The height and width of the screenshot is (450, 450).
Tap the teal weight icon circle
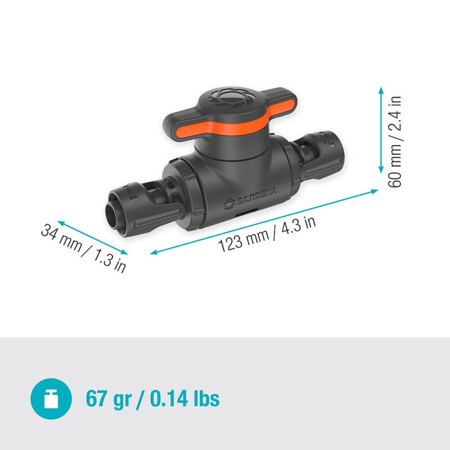pyautogui.click(x=51, y=399)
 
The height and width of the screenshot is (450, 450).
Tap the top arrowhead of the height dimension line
pyautogui.click(x=381, y=90)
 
